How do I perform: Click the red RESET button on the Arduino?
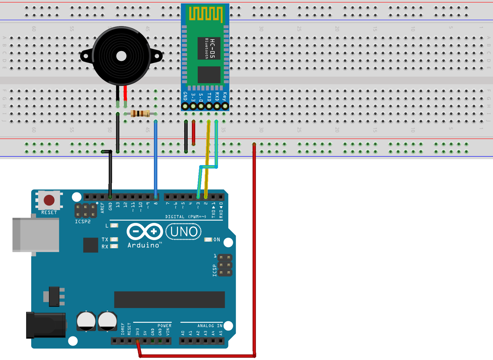tap(49, 200)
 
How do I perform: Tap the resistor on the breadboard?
tap(140, 114)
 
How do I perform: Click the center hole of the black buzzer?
tap(121, 56)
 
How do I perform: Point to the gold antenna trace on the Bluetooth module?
tap(206, 14)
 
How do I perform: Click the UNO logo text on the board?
tap(184, 232)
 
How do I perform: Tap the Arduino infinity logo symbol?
tap(145, 232)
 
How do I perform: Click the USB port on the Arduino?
tap(35, 235)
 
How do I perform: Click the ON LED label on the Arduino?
tap(217, 240)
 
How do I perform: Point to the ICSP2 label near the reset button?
tap(83, 221)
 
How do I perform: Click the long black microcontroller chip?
tap(169, 300)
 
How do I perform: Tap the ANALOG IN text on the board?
tap(210, 326)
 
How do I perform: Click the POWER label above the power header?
tap(164, 326)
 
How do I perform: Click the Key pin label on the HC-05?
tap(225, 96)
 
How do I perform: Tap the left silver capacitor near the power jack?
tap(86, 321)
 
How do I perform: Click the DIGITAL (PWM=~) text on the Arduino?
tap(185, 217)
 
